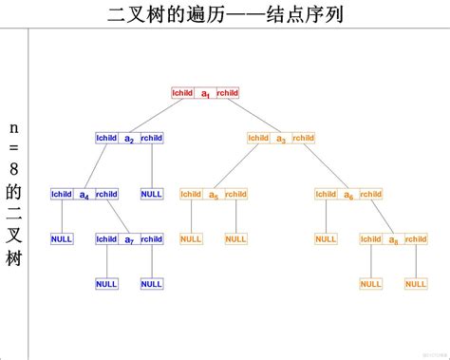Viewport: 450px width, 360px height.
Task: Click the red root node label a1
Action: coord(205,93)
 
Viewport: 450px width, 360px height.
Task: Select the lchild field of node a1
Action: coord(182,92)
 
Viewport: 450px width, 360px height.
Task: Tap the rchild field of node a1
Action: coord(228,92)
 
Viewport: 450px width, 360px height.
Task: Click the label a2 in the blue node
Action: coord(129,139)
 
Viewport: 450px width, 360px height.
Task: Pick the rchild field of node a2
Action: coord(152,138)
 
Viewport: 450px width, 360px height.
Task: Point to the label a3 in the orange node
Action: coord(281,139)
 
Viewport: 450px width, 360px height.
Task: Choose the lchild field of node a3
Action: coord(258,138)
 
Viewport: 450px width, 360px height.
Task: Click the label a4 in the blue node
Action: coord(84,195)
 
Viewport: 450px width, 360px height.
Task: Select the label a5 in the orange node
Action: coord(214,195)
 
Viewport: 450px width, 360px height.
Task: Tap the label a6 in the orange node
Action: coord(348,195)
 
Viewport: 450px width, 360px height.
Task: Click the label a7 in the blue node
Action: coord(129,239)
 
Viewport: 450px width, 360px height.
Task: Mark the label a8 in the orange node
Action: coord(393,239)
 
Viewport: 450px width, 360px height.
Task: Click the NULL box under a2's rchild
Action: coord(152,194)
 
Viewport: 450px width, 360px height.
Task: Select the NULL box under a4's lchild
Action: coord(62,238)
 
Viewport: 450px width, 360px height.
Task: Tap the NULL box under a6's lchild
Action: coord(326,238)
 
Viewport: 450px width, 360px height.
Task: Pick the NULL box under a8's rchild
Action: coord(416,283)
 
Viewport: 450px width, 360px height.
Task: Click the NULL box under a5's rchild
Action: coord(236,238)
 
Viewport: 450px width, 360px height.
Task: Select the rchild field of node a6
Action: coord(371,194)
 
